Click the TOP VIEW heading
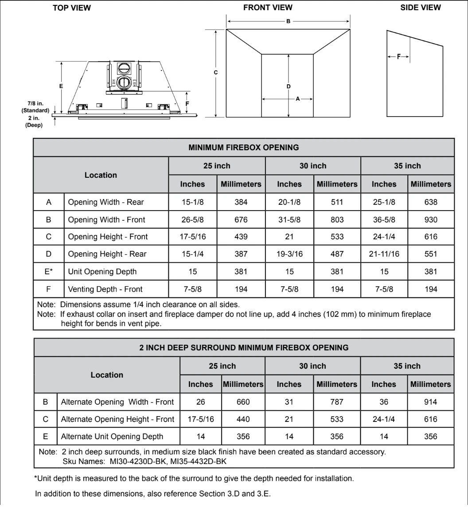point(72,8)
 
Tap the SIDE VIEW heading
point(421,8)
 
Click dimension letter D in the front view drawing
point(289,86)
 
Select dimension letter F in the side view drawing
point(398,57)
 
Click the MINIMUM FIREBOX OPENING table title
point(244,147)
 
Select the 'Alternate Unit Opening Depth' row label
point(112,436)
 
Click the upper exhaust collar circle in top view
point(124,68)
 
